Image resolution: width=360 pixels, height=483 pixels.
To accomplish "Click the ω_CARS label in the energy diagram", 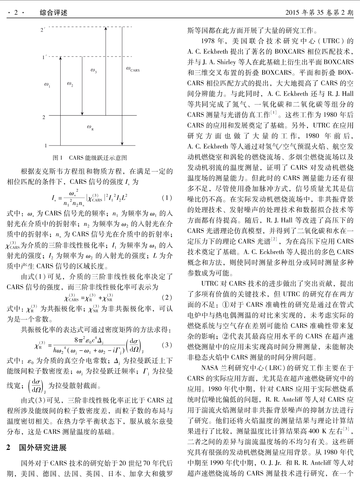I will pyautogui.click(x=133, y=69).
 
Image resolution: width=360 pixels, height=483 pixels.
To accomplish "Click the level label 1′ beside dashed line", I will pyautogui.click(x=44, y=57).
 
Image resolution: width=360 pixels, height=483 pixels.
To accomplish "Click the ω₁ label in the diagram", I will pyautogui.click(x=47, y=86).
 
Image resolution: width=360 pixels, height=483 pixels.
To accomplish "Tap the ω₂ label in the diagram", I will pyautogui.click(x=70, y=84).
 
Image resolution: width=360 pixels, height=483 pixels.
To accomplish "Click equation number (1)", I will pyautogui.click(x=167, y=198).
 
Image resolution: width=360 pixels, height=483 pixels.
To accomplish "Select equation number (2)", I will pyautogui.click(x=167, y=298).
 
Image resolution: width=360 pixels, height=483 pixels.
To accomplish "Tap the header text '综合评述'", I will pyautogui.click(x=54, y=13).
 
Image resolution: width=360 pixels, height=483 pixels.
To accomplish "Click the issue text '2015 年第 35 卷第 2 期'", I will pyautogui.click(x=319, y=13).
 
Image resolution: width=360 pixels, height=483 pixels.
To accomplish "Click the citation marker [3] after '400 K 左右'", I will pyautogui.click(x=346, y=429).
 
